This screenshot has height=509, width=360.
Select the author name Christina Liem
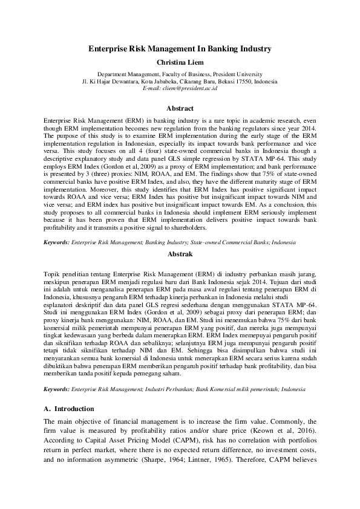(180, 62)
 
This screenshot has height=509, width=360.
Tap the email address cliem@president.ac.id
(180, 88)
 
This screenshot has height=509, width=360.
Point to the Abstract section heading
(180, 109)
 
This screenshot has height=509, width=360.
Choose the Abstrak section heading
(180, 254)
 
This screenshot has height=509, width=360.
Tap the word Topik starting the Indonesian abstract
(53, 273)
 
